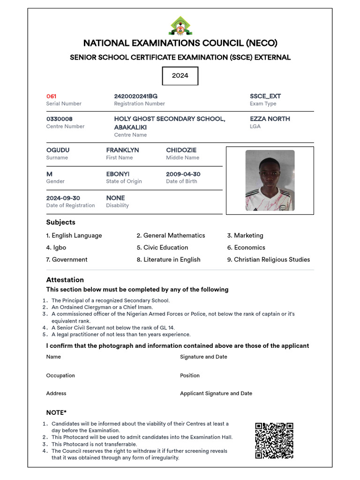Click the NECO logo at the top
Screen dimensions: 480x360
[x=180, y=26]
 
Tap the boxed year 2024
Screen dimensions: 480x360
[x=180, y=75]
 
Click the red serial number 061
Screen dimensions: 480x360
[x=51, y=96]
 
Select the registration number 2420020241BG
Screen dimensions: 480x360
[x=135, y=96]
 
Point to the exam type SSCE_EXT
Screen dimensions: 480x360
[x=265, y=96]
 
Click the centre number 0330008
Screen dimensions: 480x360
[x=59, y=119]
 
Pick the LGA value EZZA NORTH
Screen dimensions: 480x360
[x=270, y=119]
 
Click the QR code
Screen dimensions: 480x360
[x=274, y=440]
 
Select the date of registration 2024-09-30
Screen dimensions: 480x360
[x=63, y=198]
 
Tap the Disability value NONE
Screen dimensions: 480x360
[x=115, y=198]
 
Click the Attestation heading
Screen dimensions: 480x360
[x=65, y=280]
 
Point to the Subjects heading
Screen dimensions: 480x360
[x=60, y=222]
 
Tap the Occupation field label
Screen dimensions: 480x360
[x=60, y=375]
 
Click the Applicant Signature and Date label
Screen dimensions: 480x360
[x=216, y=393]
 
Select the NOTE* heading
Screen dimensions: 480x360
[x=56, y=412]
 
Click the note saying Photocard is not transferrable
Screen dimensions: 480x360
[x=94, y=444]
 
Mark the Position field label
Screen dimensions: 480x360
[x=189, y=375]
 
